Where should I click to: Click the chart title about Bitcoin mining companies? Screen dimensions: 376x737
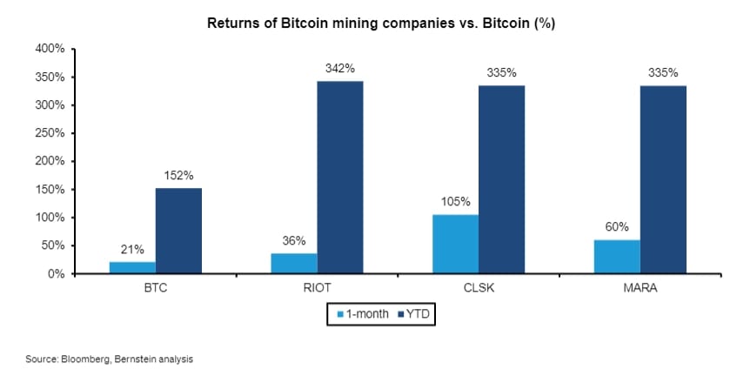point(380,23)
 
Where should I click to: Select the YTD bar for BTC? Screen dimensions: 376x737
point(178,231)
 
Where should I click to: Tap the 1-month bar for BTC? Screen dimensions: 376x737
point(132,267)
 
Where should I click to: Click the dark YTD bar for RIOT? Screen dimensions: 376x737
point(340,178)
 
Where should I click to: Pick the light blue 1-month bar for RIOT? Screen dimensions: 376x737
point(294,263)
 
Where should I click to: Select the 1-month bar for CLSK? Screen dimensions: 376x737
point(455,244)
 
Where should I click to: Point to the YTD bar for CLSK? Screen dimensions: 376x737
point(501,179)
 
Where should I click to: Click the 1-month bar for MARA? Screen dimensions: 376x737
point(617,257)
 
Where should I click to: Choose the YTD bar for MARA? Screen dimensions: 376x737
point(663,179)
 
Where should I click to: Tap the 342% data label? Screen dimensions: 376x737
point(340,68)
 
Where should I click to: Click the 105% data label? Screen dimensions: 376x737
point(455,202)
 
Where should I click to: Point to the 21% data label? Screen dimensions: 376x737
point(132,249)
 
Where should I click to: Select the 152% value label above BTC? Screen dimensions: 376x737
point(178,175)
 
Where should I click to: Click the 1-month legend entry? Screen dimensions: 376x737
point(355,313)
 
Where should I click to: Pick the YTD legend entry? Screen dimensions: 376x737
point(413,313)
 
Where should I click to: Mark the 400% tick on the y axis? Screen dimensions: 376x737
point(50,49)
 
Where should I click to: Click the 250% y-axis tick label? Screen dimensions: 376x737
point(50,133)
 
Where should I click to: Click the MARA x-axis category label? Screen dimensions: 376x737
point(640,287)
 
